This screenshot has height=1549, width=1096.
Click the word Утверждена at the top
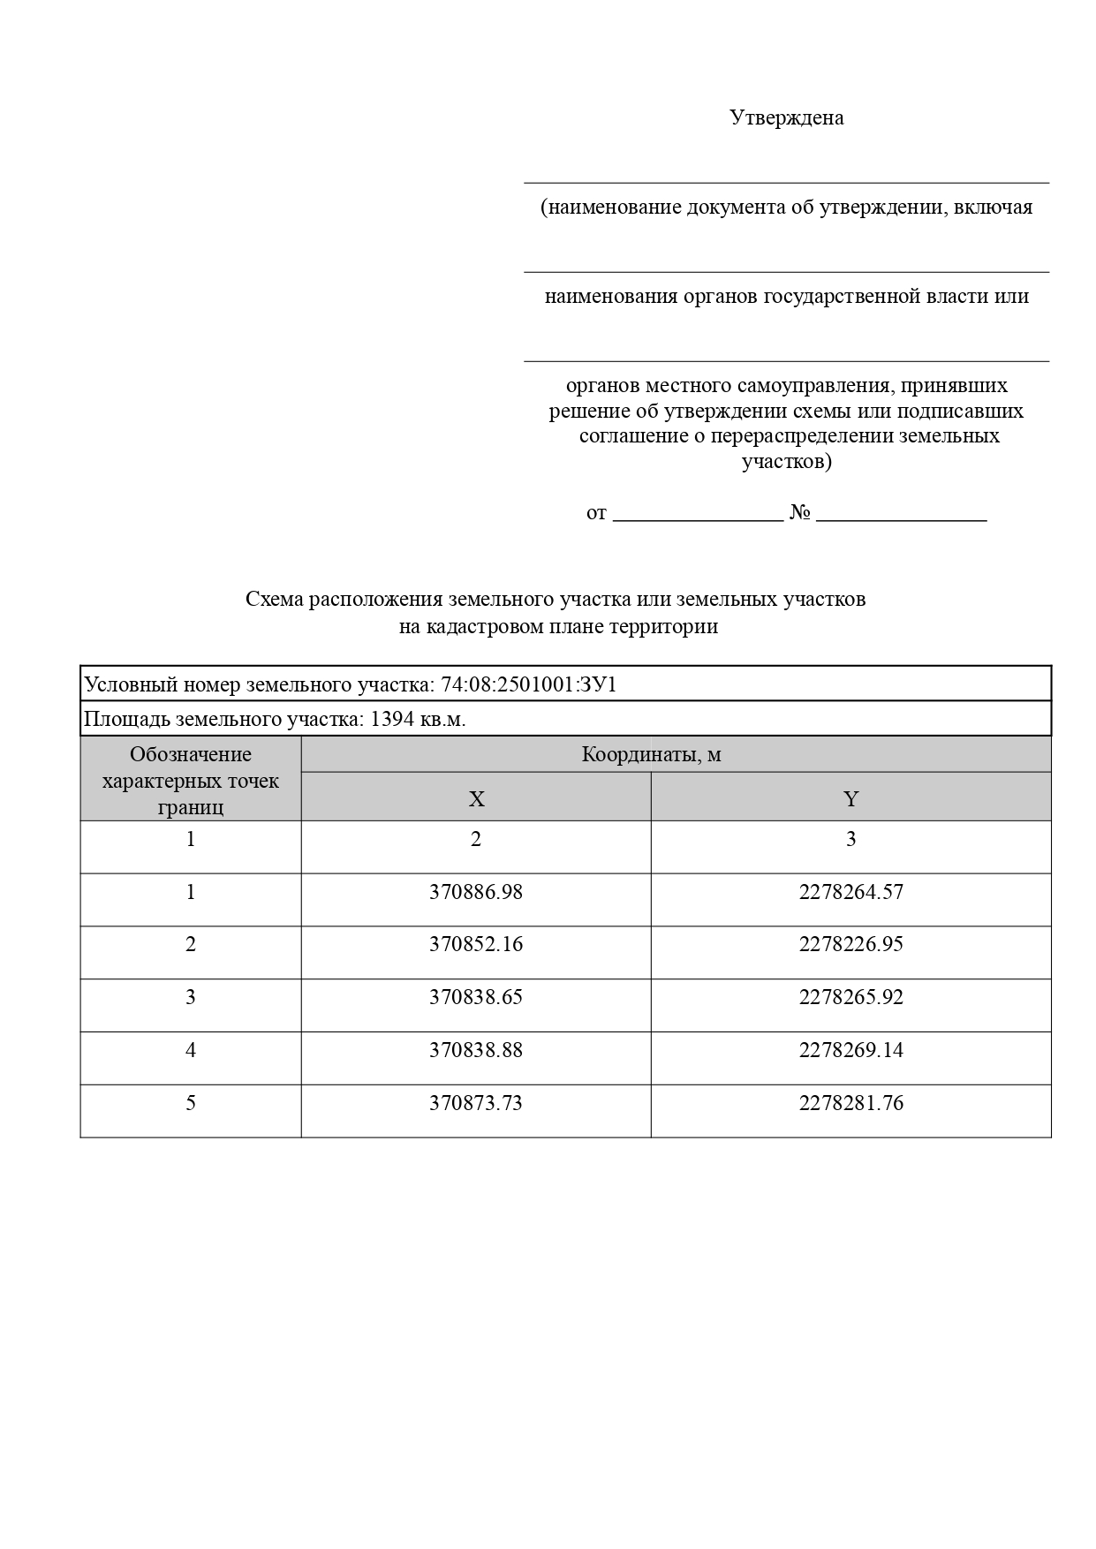coord(786,117)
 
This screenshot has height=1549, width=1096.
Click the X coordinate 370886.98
coord(476,892)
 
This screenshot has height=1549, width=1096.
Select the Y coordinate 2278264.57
coord(850,892)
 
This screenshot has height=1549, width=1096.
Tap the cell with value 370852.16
coord(476,944)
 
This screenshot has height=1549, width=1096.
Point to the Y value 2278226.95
coord(850,944)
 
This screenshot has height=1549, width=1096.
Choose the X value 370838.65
coord(476,997)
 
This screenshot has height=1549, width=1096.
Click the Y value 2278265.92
coord(850,997)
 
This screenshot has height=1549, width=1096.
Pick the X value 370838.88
coord(476,1050)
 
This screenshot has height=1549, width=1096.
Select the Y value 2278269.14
coord(850,1050)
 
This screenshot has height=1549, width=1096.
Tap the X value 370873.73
coord(476,1103)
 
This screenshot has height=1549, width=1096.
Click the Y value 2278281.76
coord(850,1103)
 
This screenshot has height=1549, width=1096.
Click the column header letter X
coord(476,799)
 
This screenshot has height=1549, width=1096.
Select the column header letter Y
coord(850,799)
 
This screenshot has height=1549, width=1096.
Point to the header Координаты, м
coord(651,755)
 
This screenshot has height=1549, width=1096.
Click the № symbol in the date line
coord(800,513)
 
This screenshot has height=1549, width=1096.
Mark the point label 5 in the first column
coord(191,1103)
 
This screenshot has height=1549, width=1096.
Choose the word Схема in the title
coord(274,600)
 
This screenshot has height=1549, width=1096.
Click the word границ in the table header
coord(191,807)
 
